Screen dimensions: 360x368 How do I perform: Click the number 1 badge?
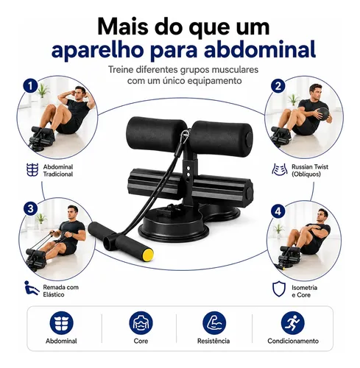(x=30, y=86)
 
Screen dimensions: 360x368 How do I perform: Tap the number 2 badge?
(x=278, y=86)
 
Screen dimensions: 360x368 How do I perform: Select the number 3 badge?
(x=31, y=209)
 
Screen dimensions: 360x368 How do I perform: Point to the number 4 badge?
(x=278, y=211)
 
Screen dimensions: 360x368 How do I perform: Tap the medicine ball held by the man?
(x=322, y=113)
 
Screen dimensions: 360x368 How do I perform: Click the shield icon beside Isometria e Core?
(x=279, y=289)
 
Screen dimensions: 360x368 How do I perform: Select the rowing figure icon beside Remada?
(x=32, y=288)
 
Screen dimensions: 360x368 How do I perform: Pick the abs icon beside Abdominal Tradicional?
(x=32, y=170)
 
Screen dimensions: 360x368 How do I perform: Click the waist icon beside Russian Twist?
(x=280, y=169)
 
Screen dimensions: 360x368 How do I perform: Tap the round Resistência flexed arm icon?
(x=214, y=323)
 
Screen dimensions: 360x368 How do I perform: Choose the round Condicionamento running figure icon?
(x=293, y=323)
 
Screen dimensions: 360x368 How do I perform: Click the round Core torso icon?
(x=141, y=323)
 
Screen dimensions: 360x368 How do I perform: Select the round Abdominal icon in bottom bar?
(x=61, y=323)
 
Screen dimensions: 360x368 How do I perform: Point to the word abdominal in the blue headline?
(x=260, y=49)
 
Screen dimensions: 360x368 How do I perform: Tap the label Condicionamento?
(x=293, y=341)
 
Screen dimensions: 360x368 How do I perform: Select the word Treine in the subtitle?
(x=121, y=70)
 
